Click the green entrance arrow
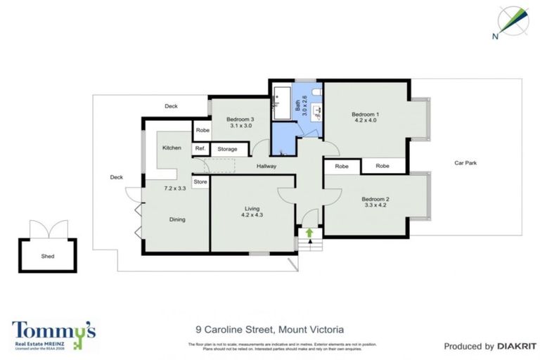(309, 233)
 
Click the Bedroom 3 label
(240, 120)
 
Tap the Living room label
(252, 208)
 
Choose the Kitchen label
(172, 148)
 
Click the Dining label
(177, 219)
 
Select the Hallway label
(266, 166)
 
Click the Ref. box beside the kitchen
(200, 148)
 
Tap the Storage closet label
(227, 149)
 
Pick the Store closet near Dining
(200, 182)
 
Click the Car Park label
(465, 162)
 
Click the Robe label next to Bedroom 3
(202, 130)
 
